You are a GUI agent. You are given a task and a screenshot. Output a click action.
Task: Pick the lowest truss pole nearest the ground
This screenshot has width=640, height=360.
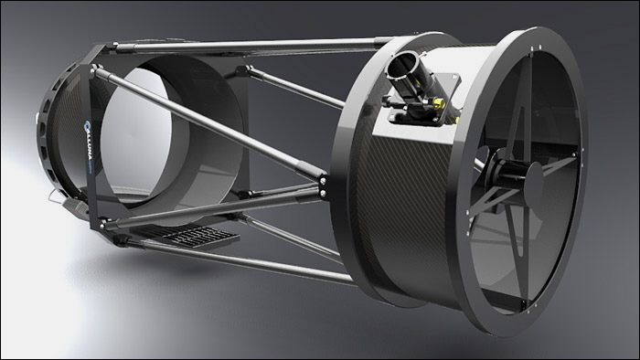tap(229, 260)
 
